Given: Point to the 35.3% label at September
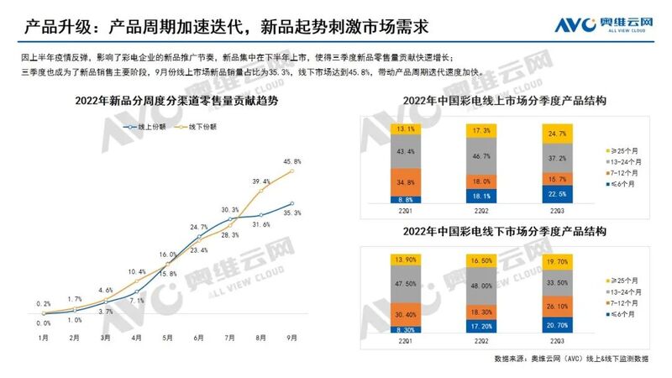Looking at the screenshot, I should coord(292,214).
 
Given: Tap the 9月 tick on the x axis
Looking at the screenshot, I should coord(291,338).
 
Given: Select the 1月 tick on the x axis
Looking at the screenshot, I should coord(43,338).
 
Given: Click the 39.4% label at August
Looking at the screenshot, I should coord(261,181).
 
